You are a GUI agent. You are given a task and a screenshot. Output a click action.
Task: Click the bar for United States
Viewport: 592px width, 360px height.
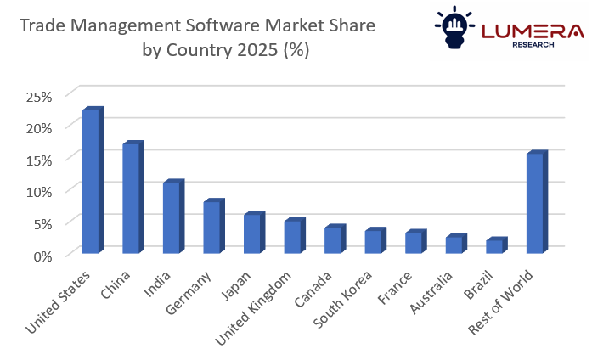91,182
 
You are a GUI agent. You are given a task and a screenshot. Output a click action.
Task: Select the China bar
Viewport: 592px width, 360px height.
132,199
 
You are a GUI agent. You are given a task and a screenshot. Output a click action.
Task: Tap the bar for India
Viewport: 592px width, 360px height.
172,218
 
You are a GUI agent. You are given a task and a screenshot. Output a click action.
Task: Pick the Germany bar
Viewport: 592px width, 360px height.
212,228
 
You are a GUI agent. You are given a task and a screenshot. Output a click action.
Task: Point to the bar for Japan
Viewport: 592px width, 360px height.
253,234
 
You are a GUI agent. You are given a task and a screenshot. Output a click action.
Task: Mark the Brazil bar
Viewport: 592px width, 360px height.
495,247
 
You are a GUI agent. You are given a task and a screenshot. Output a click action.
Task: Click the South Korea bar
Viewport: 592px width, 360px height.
374,242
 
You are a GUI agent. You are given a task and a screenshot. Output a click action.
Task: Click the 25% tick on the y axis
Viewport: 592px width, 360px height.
39,96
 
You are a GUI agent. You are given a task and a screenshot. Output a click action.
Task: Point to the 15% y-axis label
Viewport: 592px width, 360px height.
39,160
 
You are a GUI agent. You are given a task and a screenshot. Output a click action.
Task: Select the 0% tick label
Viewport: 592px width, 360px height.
42,255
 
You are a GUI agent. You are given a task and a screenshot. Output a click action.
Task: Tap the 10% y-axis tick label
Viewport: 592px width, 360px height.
39,191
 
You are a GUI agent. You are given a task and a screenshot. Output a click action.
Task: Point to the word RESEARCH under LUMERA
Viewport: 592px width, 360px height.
533,45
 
